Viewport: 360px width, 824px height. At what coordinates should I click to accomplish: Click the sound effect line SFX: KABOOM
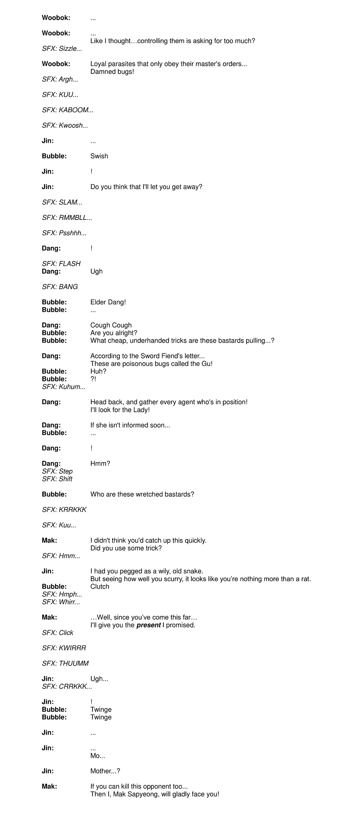pyautogui.click(x=68, y=110)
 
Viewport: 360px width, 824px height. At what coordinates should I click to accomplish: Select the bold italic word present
pyautogui.click(x=148, y=625)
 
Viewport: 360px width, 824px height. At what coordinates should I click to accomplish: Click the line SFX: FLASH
pyautogui.click(x=61, y=263)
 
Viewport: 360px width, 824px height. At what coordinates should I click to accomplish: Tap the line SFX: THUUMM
pyautogui.click(x=65, y=663)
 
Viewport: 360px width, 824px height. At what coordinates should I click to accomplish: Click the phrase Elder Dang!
pyautogui.click(x=108, y=302)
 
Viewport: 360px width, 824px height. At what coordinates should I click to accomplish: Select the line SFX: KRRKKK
pyautogui.click(x=64, y=510)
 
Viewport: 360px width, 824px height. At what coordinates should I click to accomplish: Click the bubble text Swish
pyautogui.click(x=99, y=156)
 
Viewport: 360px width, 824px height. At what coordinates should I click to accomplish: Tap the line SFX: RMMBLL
pyautogui.click(x=67, y=218)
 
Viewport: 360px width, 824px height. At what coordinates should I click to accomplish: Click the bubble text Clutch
pyautogui.click(x=100, y=586)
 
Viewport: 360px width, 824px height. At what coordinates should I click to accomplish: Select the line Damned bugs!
pyautogui.click(x=112, y=72)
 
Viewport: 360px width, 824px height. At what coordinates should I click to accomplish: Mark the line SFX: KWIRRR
pyautogui.click(x=64, y=648)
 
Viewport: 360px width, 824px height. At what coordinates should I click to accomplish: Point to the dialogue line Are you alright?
pyautogui.click(x=113, y=333)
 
